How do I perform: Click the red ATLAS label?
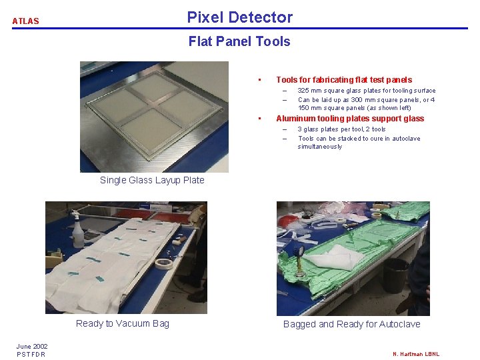pos(26,21)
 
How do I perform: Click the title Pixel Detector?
pos(240,17)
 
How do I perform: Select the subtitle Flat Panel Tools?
pos(239,41)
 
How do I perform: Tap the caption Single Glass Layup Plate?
pos(152,180)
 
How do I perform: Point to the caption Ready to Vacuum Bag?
pos(123,323)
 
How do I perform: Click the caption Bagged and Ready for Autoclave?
pos(352,324)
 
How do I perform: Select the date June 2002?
pos(32,346)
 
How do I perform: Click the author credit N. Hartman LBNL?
pos(416,354)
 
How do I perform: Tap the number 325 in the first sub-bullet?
pos(303,90)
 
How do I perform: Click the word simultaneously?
pos(319,147)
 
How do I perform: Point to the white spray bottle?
pos(77,229)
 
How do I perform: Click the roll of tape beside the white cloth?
pos(164,263)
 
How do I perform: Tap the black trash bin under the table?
pos(396,275)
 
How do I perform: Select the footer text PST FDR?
pos(31,354)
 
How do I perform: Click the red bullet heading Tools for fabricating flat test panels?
pos(344,80)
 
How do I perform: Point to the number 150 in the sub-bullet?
pos(303,108)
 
